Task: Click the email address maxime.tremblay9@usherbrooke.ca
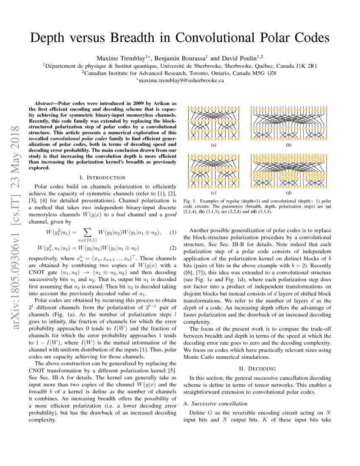pos(180,80)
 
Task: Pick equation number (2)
pos(173,248)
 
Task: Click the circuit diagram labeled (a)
pos(213,123)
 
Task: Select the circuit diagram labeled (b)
pos(289,123)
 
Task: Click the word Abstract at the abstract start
pos(45,103)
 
